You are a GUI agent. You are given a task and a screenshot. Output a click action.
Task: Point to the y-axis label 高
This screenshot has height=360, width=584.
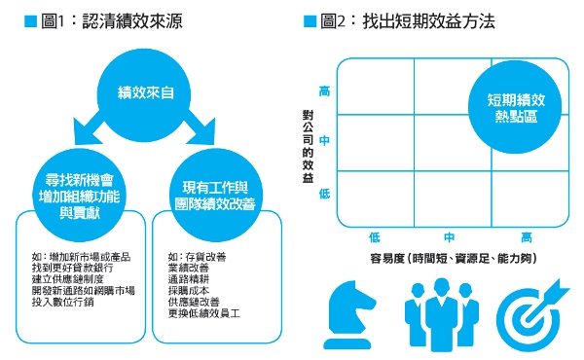point(324,91)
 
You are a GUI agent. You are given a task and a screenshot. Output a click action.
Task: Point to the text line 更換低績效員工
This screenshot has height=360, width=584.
point(204,315)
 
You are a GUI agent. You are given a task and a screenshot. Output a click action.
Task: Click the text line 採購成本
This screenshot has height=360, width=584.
point(190,292)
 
